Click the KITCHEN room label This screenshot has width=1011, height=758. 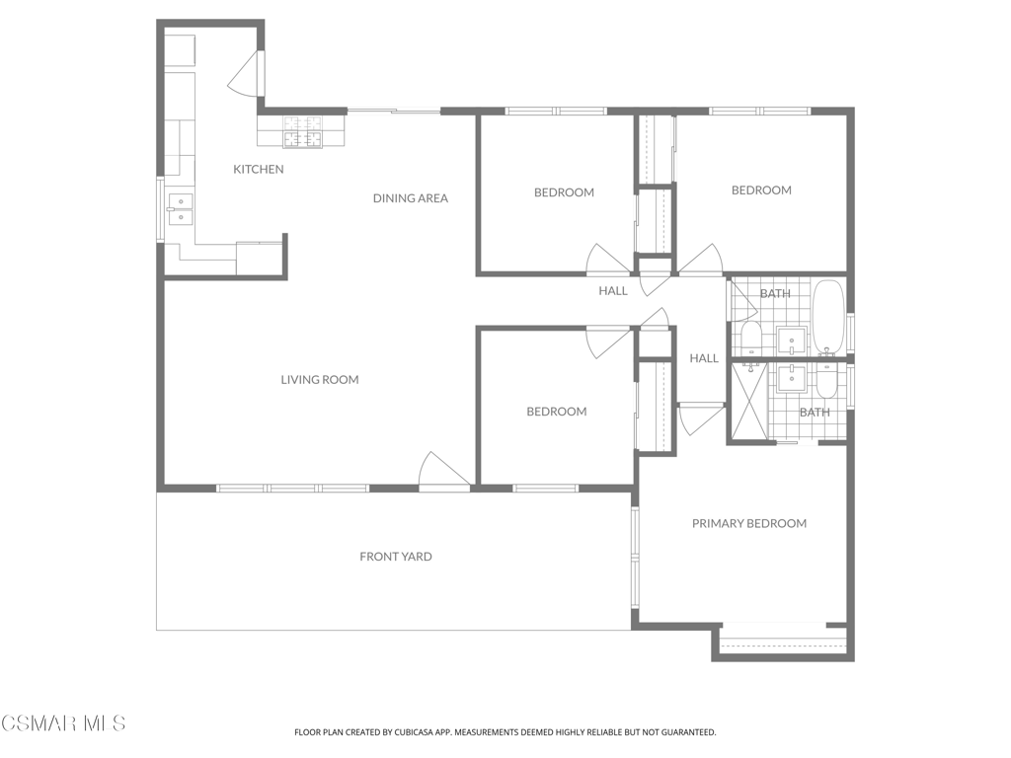259,170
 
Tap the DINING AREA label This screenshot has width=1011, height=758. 410,198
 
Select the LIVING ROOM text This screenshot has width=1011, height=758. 320,380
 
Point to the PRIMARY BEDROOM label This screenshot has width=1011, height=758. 749,523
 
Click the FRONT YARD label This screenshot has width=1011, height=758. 396,557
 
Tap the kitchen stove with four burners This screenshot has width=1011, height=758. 302,132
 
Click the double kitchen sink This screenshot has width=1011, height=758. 181,209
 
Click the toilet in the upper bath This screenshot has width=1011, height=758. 750,339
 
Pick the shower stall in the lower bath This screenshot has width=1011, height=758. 749,403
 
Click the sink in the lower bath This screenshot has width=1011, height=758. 791,378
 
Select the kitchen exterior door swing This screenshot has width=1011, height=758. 245,73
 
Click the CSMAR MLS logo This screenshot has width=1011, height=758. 63,723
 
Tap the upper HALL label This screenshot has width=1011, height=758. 612,291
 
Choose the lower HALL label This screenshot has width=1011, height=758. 704,358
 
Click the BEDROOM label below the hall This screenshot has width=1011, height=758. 557,412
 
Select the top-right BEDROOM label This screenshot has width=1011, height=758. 761,190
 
